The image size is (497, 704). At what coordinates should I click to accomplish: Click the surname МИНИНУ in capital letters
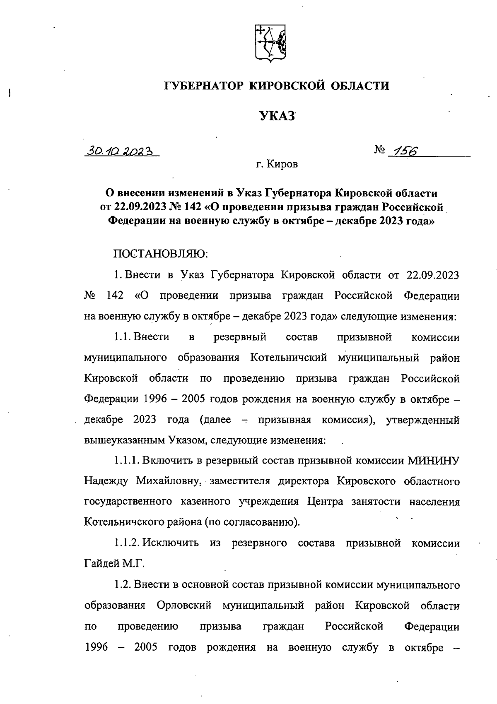pos(433,460)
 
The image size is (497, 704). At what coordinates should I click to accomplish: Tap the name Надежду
pos(105,481)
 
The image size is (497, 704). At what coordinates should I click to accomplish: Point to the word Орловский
pos(184,605)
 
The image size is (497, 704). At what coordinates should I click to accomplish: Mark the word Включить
pos(170,460)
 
